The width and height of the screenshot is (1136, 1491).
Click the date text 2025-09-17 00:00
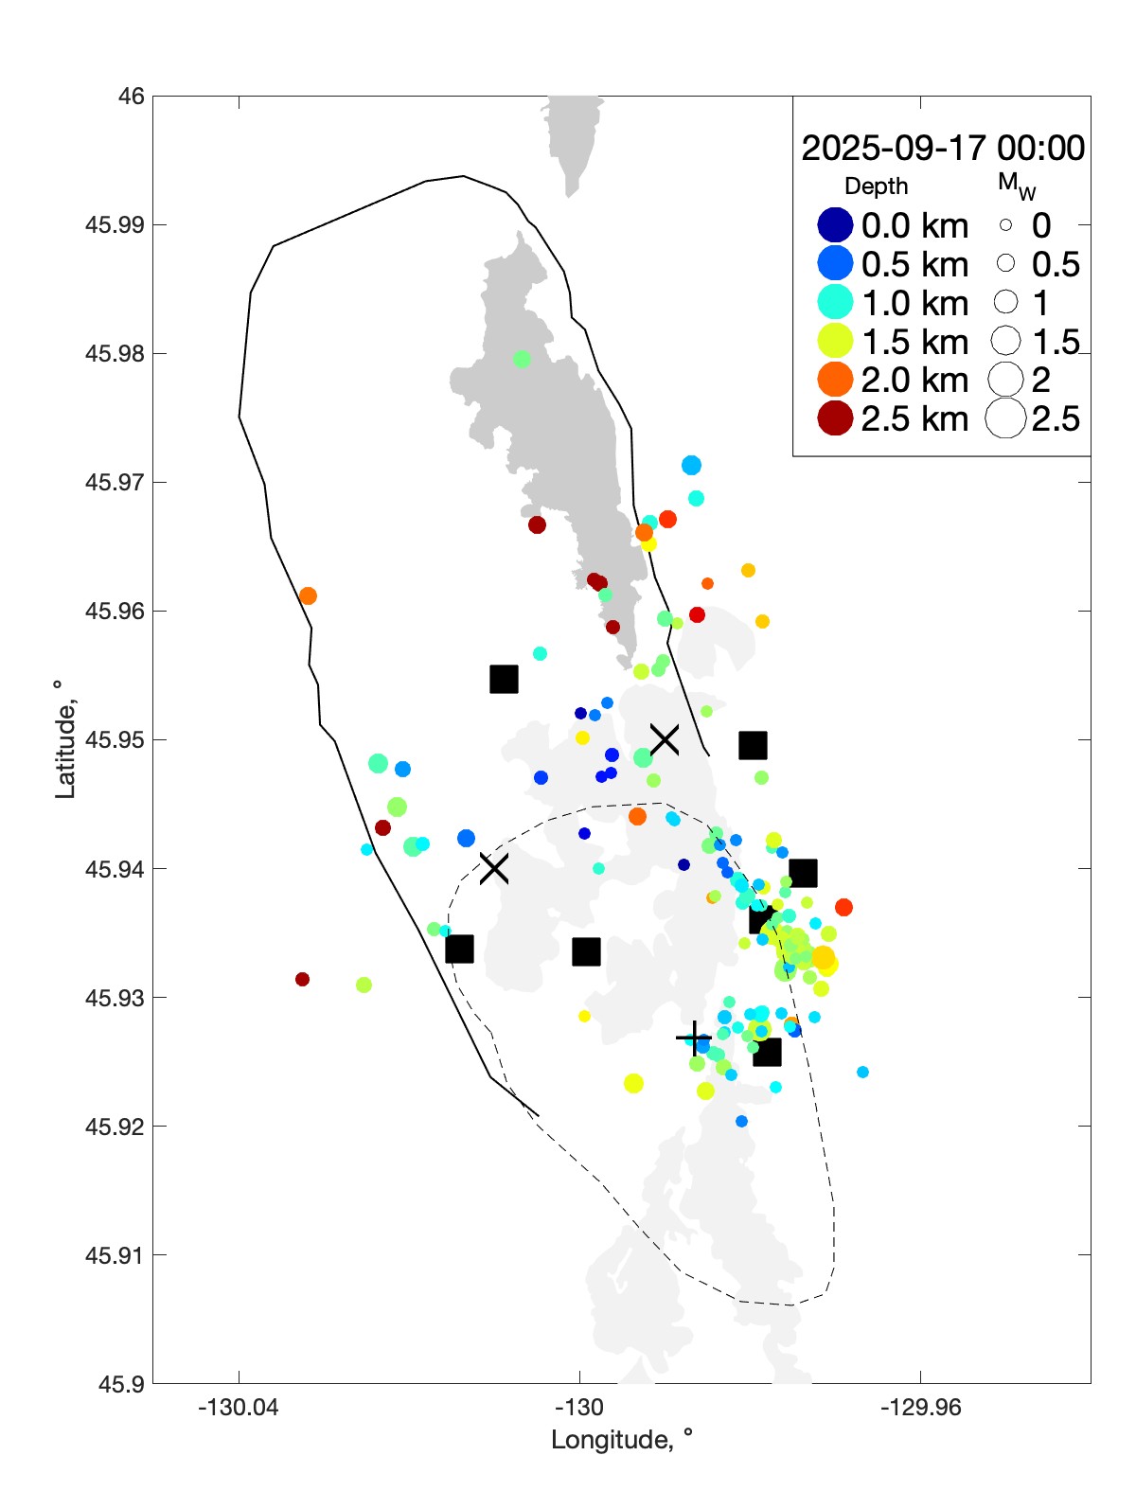(x=943, y=149)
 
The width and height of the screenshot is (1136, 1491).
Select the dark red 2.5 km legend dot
(x=835, y=418)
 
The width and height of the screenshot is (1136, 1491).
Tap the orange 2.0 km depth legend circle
(x=835, y=380)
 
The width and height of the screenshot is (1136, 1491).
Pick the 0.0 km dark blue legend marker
(x=835, y=225)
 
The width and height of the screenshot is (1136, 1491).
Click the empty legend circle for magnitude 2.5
(x=1005, y=418)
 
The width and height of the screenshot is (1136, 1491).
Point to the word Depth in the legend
(x=876, y=186)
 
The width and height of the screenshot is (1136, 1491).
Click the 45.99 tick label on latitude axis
(x=115, y=225)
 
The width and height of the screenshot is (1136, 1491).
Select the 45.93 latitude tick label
(x=115, y=998)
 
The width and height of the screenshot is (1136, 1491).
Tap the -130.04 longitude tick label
(x=239, y=1408)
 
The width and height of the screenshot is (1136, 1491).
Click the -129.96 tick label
(x=920, y=1408)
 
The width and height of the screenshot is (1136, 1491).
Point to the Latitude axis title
(x=64, y=739)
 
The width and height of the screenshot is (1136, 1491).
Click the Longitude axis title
(x=622, y=1441)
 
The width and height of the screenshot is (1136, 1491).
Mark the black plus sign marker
(x=695, y=1038)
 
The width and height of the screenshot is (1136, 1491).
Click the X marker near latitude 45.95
(x=665, y=739)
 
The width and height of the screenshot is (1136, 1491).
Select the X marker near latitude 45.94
(x=494, y=868)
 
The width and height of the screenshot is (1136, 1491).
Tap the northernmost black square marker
(x=504, y=679)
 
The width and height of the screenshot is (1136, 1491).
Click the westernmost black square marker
(x=459, y=949)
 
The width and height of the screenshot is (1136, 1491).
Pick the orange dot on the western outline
(x=308, y=596)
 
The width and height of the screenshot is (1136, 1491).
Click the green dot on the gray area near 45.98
(x=522, y=359)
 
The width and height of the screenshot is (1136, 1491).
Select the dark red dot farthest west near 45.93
(x=302, y=979)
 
